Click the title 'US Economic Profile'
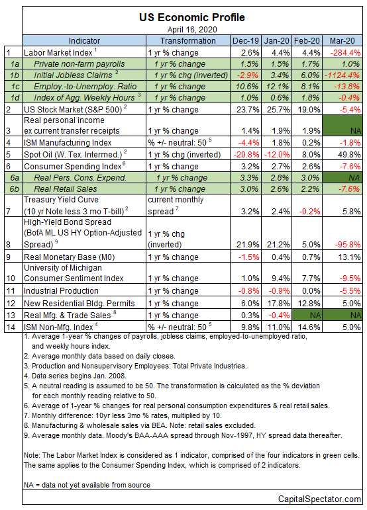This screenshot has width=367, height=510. click(192, 17)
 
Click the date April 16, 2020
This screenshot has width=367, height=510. click(192, 30)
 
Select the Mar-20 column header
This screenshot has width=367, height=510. click(342, 40)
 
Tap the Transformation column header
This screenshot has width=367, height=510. click(188, 40)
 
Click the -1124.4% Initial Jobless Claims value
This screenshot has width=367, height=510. click(342, 75)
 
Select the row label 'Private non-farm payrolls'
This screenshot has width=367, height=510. click(79, 64)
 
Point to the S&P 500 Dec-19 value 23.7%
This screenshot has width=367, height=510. click(248, 110)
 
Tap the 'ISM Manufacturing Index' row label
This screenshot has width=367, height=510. click(68, 143)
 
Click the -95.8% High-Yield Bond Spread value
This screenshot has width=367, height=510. click(348, 245)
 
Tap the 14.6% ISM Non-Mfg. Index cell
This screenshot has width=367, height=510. click(309, 327)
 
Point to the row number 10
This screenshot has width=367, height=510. click(11, 278)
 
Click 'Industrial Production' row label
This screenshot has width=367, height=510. click(61, 291)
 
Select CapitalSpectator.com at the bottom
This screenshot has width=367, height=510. click(319, 499)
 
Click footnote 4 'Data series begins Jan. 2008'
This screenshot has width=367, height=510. click(75, 376)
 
